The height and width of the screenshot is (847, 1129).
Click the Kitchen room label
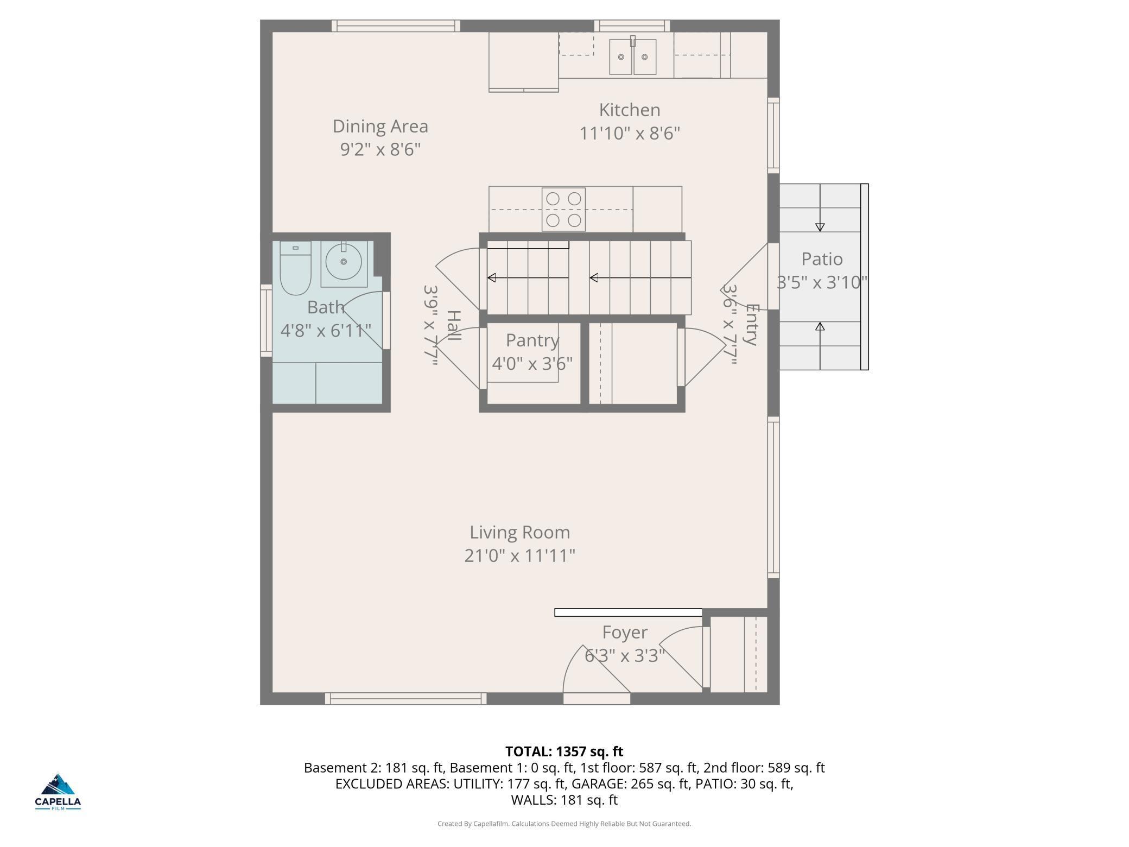(x=630, y=110)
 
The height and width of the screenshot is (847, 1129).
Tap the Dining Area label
(x=380, y=127)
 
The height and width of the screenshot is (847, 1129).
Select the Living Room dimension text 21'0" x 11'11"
(x=519, y=555)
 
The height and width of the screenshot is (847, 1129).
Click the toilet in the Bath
(x=295, y=268)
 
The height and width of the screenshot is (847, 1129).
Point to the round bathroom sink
(x=344, y=262)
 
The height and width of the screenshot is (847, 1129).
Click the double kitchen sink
(x=632, y=55)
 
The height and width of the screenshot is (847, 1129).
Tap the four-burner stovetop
(x=563, y=210)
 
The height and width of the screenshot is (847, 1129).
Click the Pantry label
(x=532, y=340)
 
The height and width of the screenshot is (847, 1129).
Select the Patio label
(x=822, y=259)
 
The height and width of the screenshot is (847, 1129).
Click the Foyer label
(x=625, y=633)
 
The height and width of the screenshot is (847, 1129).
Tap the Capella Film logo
(x=58, y=792)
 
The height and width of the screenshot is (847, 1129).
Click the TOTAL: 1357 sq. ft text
(x=564, y=751)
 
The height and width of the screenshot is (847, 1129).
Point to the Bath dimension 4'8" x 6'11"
(x=326, y=330)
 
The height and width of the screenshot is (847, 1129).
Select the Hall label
(x=454, y=326)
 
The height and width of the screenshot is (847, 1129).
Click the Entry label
(x=751, y=325)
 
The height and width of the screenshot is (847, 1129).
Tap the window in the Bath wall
(x=266, y=320)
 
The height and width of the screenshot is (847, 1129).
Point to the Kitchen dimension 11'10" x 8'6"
(x=630, y=133)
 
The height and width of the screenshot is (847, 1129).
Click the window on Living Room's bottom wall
(x=405, y=699)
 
